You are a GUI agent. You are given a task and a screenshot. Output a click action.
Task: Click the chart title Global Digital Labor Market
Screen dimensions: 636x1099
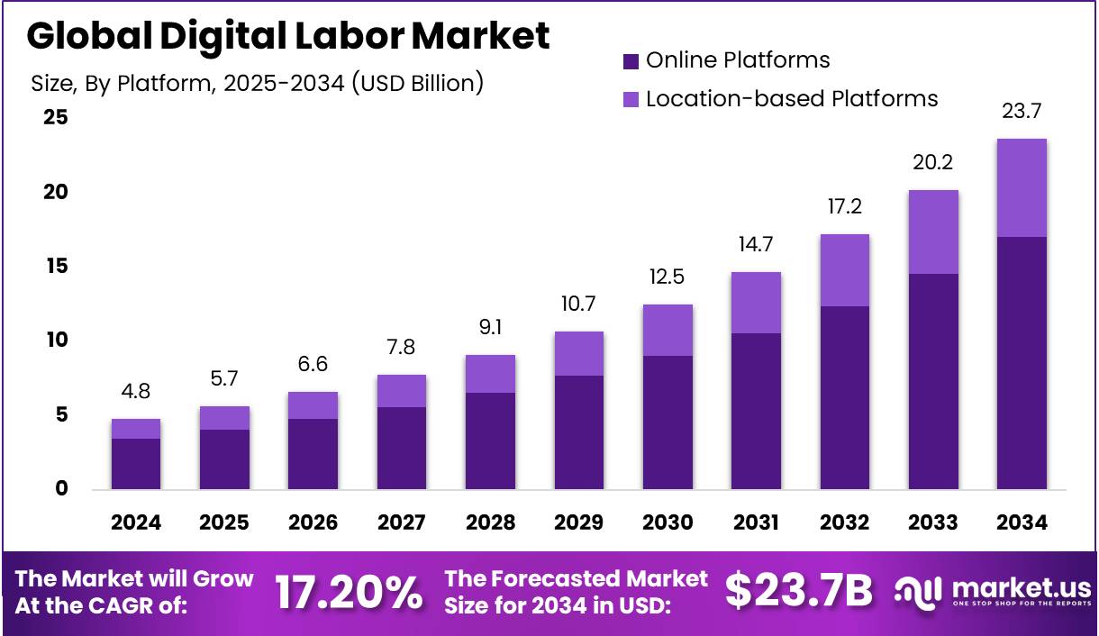point(287,36)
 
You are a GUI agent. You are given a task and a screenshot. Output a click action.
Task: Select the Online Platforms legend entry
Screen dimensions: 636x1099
point(726,60)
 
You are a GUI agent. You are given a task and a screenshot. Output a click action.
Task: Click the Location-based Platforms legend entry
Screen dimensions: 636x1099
point(780,98)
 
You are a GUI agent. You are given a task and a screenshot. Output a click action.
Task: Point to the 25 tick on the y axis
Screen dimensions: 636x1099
point(56,118)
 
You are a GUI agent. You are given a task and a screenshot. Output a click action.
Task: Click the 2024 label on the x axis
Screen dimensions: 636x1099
point(136,523)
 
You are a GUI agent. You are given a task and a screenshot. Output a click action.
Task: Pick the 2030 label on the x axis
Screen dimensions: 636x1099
point(668,523)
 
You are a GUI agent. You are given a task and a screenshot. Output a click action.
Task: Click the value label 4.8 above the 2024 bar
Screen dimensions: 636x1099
point(136,392)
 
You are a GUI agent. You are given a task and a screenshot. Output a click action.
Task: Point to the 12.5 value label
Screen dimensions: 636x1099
point(668,277)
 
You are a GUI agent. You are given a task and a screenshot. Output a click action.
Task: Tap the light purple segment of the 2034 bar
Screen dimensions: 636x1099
point(1022,187)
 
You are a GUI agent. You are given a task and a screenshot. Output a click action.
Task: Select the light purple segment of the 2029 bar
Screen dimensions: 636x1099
point(579,353)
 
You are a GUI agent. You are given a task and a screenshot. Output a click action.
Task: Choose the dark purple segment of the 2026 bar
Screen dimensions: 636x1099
point(313,454)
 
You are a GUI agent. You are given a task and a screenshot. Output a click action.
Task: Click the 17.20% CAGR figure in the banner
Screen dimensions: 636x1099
point(348,592)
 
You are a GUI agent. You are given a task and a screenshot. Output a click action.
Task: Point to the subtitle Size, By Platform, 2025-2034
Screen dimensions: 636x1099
point(258,84)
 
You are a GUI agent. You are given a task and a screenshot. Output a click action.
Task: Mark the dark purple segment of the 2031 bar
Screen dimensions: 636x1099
point(756,411)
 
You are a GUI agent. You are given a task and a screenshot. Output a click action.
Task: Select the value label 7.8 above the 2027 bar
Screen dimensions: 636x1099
point(402,348)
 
